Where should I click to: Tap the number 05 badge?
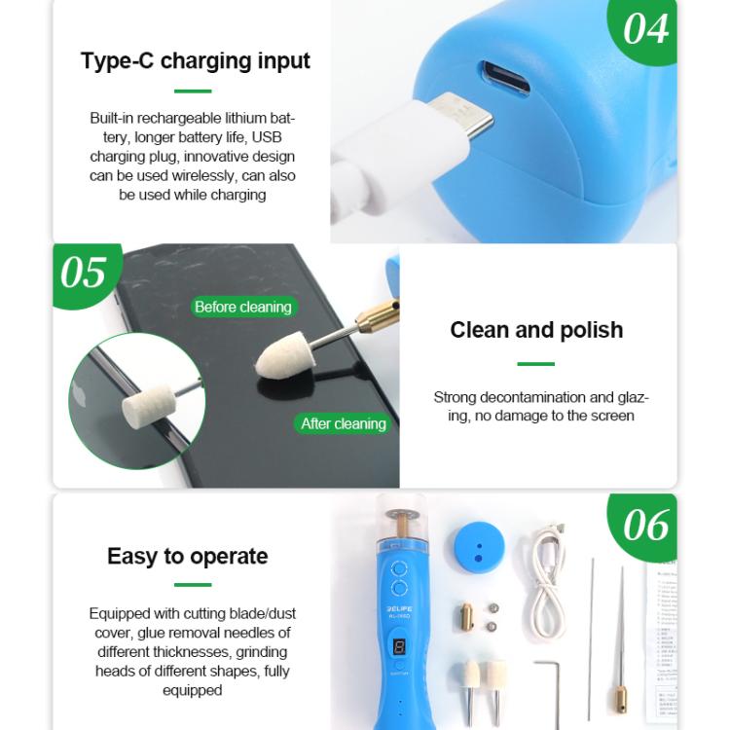(84, 272)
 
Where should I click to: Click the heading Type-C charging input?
(195, 60)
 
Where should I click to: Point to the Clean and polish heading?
(536, 330)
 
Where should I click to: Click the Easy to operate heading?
(187, 556)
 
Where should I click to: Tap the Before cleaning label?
(242, 307)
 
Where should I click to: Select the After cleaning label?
(343, 423)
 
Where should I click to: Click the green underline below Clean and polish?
(535, 364)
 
